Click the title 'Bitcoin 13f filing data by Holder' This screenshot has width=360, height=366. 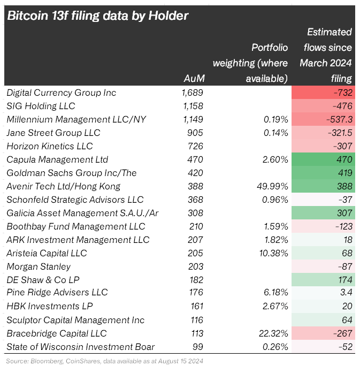pyautogui.click(x=97, y=16)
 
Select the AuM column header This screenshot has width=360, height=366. pyautogui.click(x=194, y=78)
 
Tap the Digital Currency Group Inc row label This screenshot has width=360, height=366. pyautogui.click(x=61, y=93)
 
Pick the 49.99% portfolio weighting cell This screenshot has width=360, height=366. pyautogui.click(x=271, y=186)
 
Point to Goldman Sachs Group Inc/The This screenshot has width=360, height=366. pyautogui.click(x=72, y=173)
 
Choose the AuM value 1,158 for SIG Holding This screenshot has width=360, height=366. pyautogui.click(x=193, y=106)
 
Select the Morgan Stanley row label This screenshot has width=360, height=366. pyautogui.click(x=39, y=266)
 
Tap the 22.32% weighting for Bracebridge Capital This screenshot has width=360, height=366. pyautogui.click(x=271, y=333)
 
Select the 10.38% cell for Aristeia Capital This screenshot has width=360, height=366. pyautogui.click(x=271, y=253)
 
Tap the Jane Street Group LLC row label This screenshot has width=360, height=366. pyautogui.click(x=53, y=133)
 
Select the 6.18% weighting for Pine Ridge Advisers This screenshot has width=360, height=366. pyautogui.click(x=273, y=293)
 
